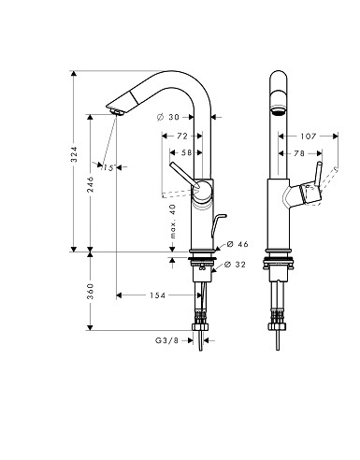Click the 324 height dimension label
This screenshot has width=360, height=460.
74,154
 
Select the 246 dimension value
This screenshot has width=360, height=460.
90,184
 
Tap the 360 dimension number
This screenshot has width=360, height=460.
90,291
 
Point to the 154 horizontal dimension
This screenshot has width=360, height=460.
157,295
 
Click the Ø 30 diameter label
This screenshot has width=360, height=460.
168,117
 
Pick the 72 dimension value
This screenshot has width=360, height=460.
182,137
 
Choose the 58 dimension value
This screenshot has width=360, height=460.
187,152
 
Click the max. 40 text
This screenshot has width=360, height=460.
173,222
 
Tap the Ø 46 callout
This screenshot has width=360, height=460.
238,244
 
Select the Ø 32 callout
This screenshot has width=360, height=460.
235,265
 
